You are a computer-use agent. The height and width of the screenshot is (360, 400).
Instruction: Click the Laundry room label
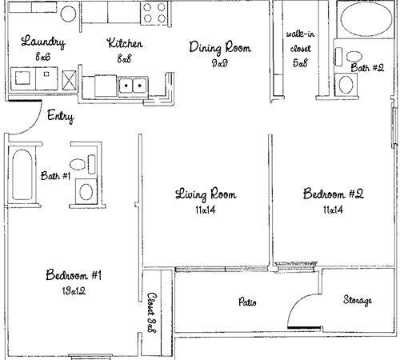click(x=43, y=42)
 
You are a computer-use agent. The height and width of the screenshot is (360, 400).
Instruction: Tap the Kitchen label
click(x=125, y=43)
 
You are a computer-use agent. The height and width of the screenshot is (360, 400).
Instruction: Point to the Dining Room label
click(x=220, y=47)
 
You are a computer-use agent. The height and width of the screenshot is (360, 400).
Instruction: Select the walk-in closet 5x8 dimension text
click(x=300, y=62)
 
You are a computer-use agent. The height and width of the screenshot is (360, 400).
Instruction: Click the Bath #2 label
click(x=367, y=67)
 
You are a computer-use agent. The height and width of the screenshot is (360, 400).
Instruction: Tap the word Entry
click(x=61, y=116)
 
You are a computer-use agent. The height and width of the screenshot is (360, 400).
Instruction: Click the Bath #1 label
click(x=55, y=176)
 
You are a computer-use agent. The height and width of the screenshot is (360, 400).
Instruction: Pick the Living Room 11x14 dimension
click(x=206, y=210)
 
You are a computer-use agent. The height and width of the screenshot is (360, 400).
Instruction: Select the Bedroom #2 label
click(x=334, y=194)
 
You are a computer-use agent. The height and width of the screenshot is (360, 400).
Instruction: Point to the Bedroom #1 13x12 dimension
click(x=74, y=290)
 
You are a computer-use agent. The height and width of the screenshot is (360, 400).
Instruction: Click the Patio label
click(x=247, y=302)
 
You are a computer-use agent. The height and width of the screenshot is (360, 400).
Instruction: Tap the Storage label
click(x=358, y=300)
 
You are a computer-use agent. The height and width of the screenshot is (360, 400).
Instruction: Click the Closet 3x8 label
click(x=152, y=313)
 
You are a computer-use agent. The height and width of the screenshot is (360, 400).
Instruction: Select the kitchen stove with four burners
click(x=154, y=13)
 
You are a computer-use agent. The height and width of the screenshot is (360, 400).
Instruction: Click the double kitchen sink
click(x=133, y=86)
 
